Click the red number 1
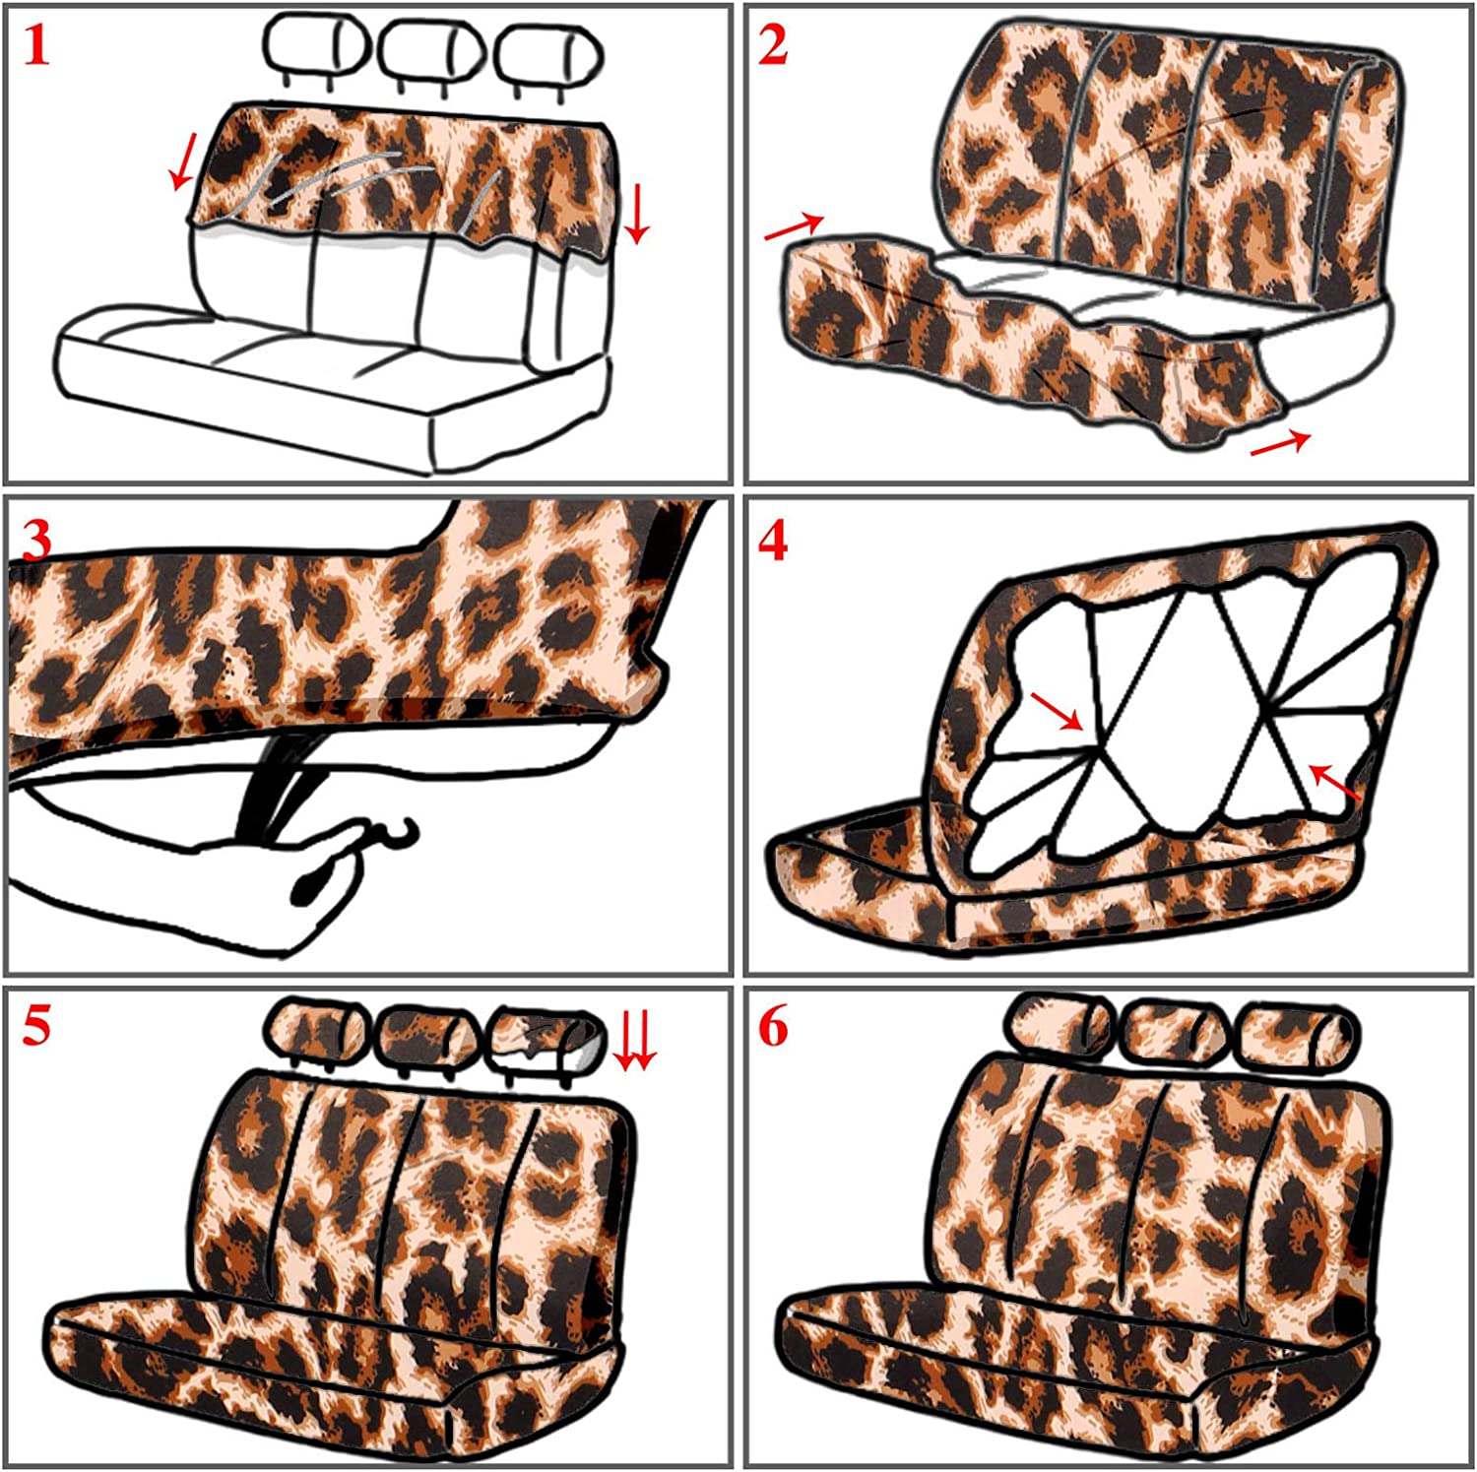pyautogui.click(x=36, y=46)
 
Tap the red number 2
pyautogui.click(x=773, y=46)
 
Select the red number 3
pyautogui.click(x=36, y=541)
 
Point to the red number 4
pyautogui.click(x=773, y=541)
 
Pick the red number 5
pyautogui.click(x=36, y=1027)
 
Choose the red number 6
pyautogui.click(x=773, y=1027)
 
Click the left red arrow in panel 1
pyautogui.click(x=183, y=160)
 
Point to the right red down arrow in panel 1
pyautogui.click(x=637, y=213)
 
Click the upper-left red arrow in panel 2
pyautogui.click(x=795, y=226)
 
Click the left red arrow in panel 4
pyautogui.click(x=1058, y=711)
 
